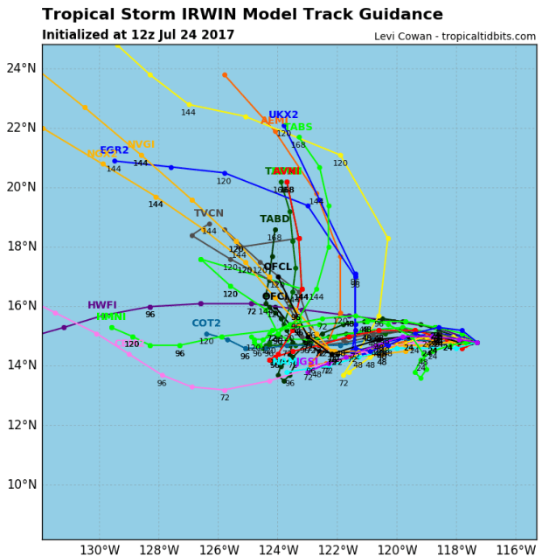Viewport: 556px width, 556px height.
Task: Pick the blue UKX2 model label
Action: point(283,115)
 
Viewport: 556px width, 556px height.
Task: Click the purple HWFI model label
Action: point(102,305)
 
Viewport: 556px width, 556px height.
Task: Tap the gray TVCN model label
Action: point(209,213)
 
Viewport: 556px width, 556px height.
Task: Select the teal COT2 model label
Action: point(206,323)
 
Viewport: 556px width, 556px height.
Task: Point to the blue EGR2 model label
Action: point(115,150)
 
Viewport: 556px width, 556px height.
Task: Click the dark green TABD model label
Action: point(275,219)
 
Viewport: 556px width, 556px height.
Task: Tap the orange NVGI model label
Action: point(140,145)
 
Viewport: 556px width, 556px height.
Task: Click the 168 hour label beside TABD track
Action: point(275,238)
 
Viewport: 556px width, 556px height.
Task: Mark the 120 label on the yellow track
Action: point(340,163)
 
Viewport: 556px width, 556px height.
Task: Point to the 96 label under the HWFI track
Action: point(149,315)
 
